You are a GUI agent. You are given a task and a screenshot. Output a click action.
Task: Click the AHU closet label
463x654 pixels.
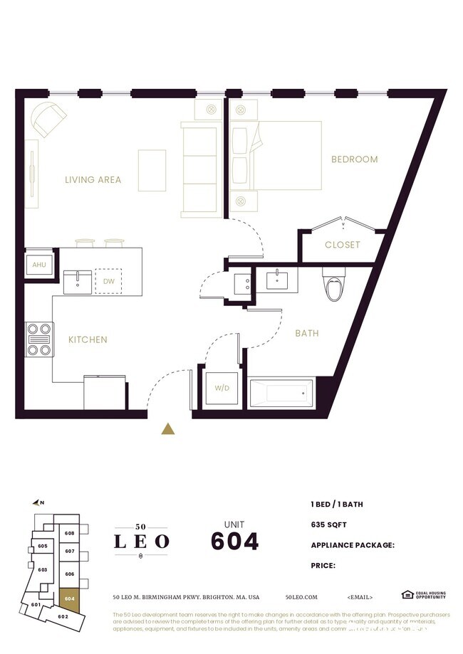pos(38,265)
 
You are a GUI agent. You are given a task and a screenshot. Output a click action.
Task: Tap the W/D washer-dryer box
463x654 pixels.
pos(222,389)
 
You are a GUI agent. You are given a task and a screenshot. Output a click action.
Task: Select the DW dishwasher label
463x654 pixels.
pos(109,280)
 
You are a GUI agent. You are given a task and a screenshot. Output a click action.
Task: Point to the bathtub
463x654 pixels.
pos(281,392)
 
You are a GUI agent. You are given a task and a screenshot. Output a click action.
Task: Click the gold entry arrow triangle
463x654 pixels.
pos(168,428)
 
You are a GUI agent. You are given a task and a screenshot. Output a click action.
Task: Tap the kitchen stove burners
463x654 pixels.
pos(39,339)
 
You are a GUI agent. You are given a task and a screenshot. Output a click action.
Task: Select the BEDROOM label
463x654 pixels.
pos(354,159)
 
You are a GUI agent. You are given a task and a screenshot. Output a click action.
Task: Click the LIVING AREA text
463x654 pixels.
pos(93,180)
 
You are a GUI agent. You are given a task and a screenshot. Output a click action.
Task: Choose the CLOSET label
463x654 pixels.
pos(343,245)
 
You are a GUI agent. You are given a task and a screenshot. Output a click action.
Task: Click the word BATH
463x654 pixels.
pos(307,333)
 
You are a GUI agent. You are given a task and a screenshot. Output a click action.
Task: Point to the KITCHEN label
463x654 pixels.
pos(88,340)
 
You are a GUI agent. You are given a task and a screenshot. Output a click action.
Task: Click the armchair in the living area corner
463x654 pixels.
pos(48,117)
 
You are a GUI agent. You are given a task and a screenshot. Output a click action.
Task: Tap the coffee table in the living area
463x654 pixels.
pos(152,170)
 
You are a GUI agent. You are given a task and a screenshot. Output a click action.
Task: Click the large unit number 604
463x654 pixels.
pos(234,542)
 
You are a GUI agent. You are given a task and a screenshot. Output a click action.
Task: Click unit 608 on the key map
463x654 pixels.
pos(70,533)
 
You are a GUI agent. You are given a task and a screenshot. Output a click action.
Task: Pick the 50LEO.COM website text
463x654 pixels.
pos(301,596)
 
